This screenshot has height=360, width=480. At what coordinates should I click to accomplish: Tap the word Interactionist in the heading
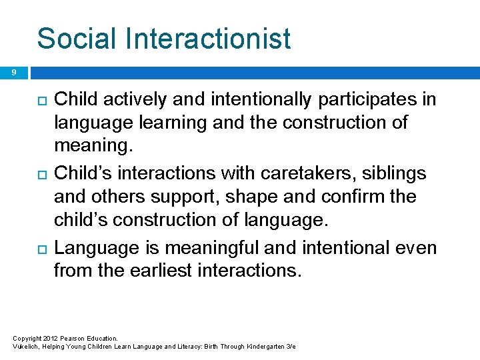(x=210, y=38)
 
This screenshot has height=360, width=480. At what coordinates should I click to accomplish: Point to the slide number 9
(x=14, y=73)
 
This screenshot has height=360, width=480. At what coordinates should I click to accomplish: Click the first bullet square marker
(x=41, y=101)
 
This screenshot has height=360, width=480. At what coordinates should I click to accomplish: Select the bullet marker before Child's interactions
(x=41, y=174)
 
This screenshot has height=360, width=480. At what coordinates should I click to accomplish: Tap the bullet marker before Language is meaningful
(x=41, y=248)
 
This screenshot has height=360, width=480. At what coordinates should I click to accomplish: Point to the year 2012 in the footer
(x=51, y=339)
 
